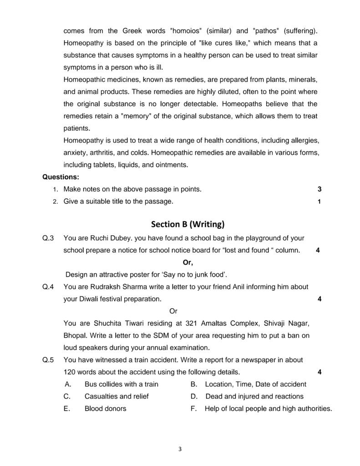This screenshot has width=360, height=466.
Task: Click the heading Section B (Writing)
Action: (188, 224)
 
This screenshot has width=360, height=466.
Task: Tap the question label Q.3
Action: (48, 238)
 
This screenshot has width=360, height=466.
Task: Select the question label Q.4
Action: (48, 287)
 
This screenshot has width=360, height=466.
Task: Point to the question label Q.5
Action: (48, 360)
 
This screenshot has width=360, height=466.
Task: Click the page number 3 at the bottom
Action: (180, 450)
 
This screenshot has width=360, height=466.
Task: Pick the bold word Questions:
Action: (61, 177)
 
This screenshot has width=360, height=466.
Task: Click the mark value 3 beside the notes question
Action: (319, 189)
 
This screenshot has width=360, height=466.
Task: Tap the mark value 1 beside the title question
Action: (319, 201)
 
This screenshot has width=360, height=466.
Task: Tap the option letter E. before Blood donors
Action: (67, 409)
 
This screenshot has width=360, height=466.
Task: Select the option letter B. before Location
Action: (193, 384)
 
